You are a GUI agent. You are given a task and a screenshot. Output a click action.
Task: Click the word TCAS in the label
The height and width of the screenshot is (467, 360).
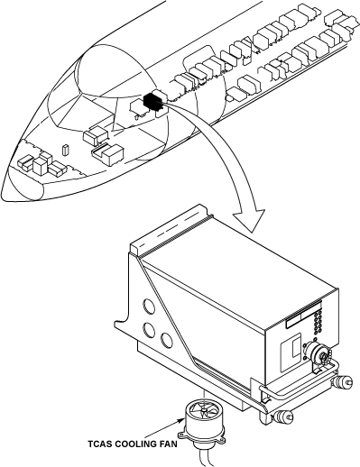click(99, 444)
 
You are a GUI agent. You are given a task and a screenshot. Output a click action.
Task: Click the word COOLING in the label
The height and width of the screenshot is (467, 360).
click(134, 444)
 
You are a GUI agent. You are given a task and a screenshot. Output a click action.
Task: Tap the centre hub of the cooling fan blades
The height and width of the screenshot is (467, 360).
click(204, 409)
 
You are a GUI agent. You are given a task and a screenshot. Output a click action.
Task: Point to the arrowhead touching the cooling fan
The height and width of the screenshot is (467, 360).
click(181, 420)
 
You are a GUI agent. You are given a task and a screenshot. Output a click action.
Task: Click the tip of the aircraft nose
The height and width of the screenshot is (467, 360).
click(3, 192)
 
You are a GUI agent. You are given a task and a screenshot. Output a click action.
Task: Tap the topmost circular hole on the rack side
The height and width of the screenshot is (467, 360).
click(149, 307)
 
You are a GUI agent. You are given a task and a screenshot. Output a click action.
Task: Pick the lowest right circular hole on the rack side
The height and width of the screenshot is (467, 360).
click(166, 340)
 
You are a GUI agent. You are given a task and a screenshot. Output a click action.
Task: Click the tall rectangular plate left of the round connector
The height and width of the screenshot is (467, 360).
click(291, 352)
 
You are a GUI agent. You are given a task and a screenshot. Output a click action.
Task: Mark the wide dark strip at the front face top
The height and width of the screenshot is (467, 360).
click(303, 316)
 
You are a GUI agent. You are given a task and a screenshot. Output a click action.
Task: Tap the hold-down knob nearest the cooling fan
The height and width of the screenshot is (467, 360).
click(283, 416)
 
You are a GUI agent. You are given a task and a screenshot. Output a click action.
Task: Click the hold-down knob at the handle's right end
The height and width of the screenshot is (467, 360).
click(342, 382)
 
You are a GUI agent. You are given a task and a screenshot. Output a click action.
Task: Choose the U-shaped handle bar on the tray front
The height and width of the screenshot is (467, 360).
click(300, 391)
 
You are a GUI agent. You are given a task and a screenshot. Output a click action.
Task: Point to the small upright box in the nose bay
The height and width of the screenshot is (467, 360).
click(65, 151)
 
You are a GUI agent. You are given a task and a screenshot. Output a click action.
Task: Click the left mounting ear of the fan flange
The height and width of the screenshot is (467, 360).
click(181, 435)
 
